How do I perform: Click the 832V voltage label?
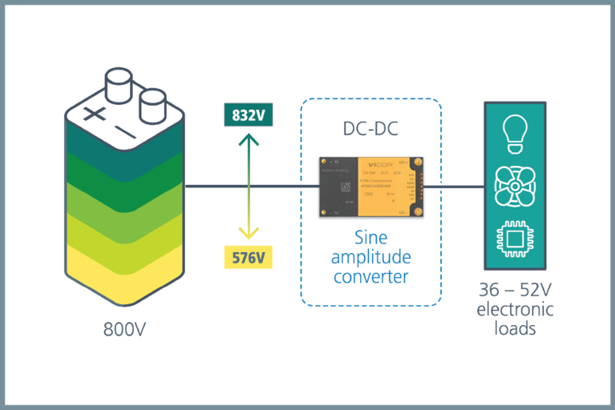coord(249,115)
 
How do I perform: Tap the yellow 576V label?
coord(249,258)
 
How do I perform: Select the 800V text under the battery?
coord(118,330)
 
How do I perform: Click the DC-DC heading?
coord(370,129)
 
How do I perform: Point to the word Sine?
coord(370,238)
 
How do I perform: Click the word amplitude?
coord(370,257)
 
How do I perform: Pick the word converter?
coord(370,277)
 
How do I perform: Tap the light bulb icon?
coord(513,132)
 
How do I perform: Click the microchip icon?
coord(513,239)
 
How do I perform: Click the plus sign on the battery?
coord(95,113)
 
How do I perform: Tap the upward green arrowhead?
coord(249,139)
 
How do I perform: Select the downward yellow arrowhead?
coord(249,234)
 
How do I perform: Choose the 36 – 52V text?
coord(514,293)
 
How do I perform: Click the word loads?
coord(514,328)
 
